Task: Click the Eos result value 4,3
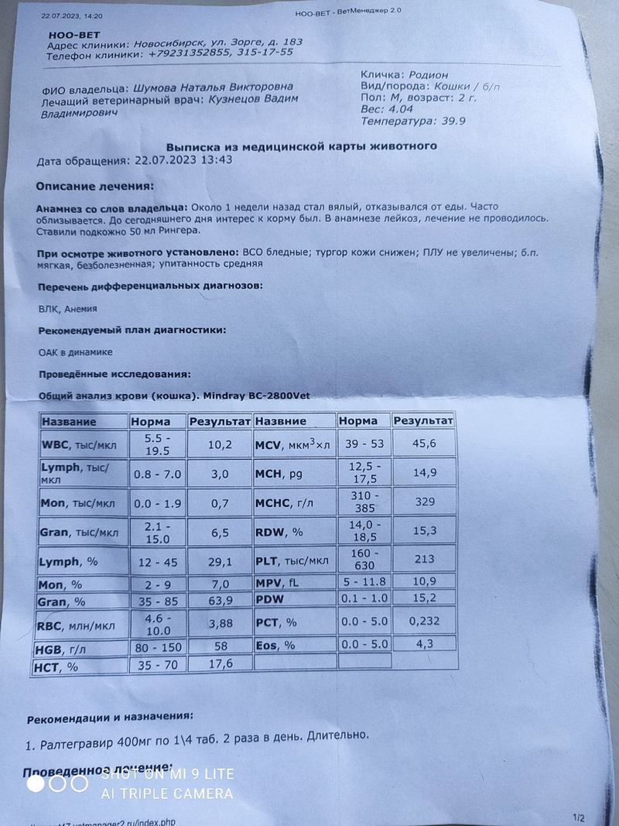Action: tap(422, 643)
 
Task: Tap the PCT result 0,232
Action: tap(423, 621)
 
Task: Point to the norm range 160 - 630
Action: tap(364, 559)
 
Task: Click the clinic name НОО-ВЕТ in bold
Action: tap(72, 33)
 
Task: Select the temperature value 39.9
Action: tap(451, 122)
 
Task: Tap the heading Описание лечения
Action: tap(95, 187)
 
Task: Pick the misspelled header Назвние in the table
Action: tap(281, 421)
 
